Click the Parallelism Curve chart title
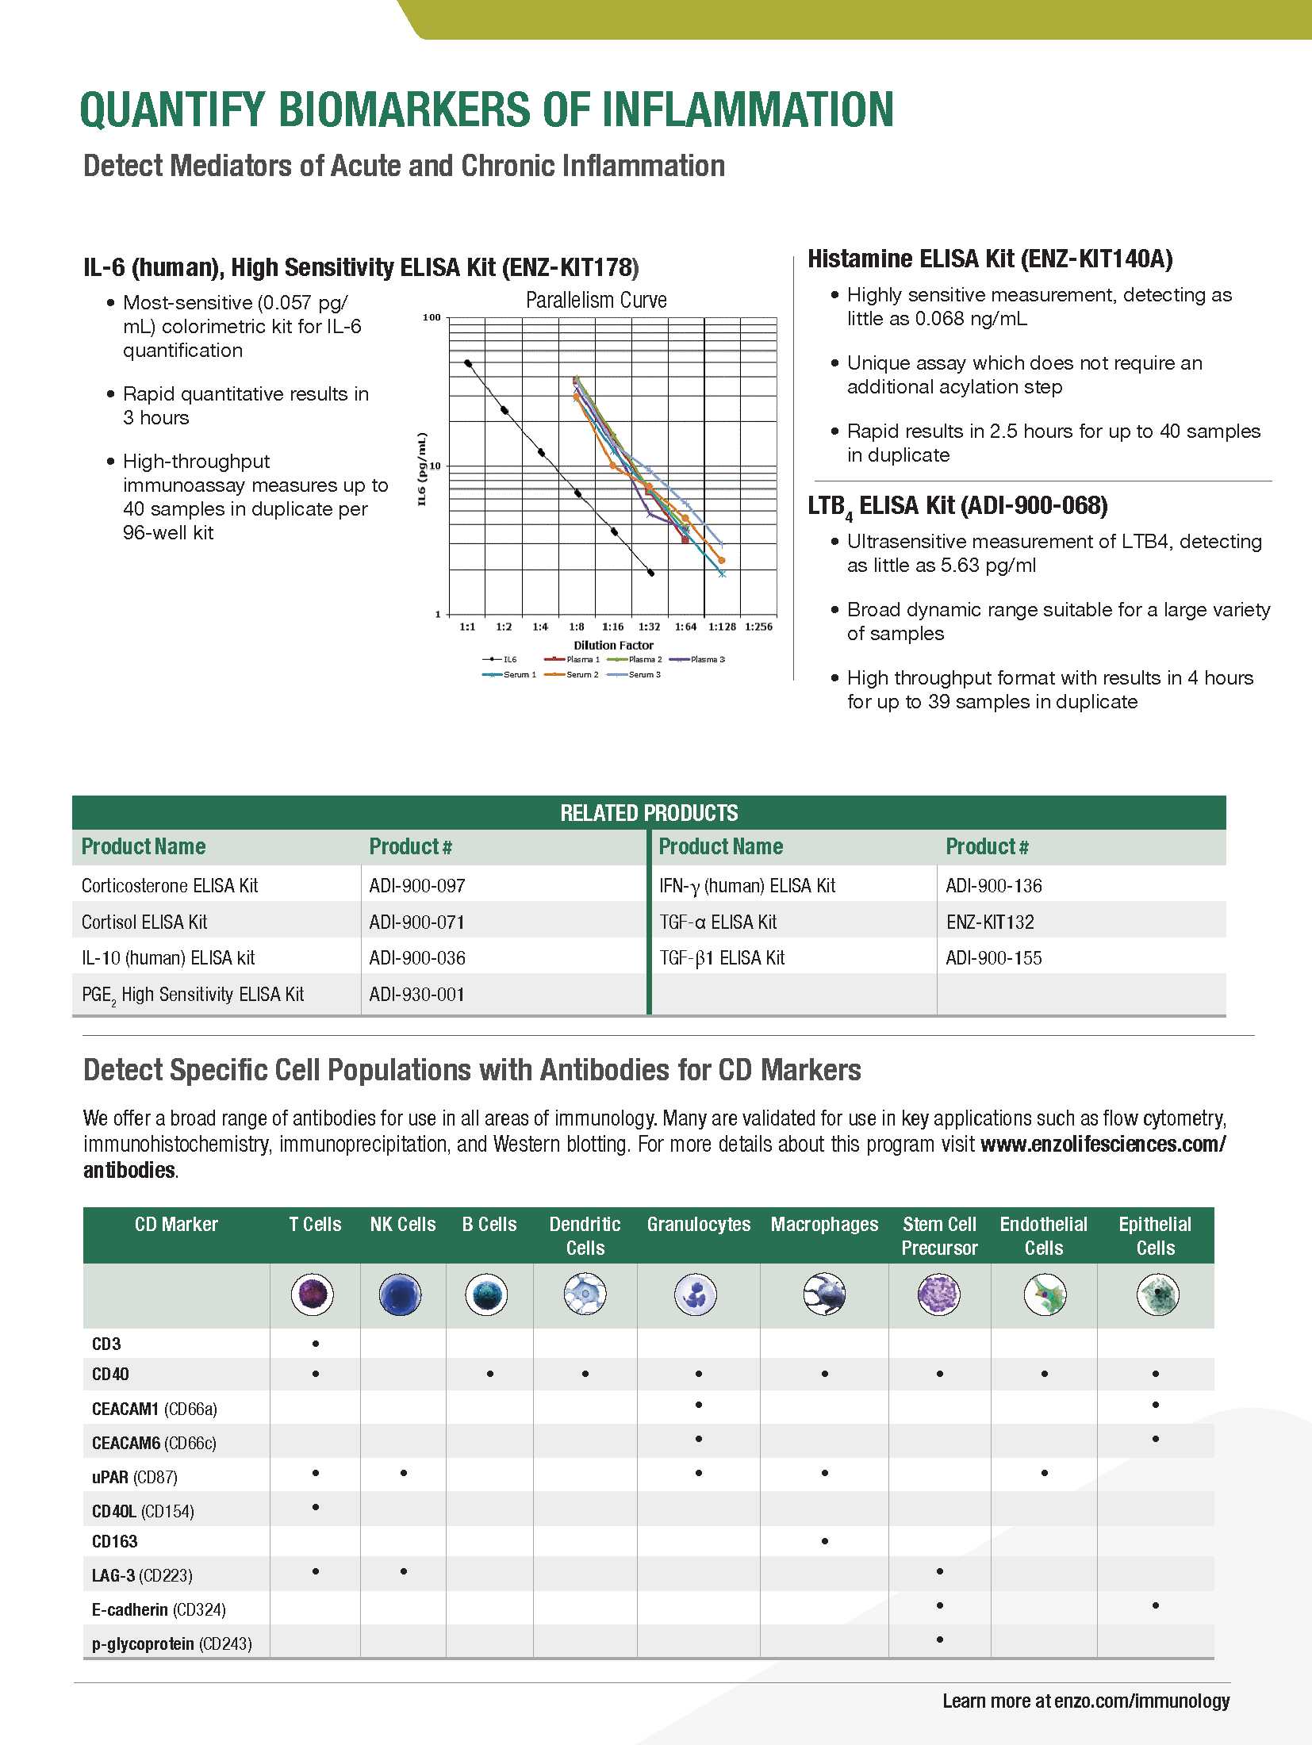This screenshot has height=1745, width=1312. pos(596,301)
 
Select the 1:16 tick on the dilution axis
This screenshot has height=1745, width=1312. pos(612,627)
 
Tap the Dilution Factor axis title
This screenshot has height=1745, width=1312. pos(613,645)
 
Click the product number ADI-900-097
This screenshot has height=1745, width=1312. pos(417,885)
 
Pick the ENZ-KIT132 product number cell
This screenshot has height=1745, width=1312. pos(990,922)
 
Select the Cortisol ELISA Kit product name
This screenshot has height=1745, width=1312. pos(144,922)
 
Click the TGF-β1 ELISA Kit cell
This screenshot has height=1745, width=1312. pos(722,957)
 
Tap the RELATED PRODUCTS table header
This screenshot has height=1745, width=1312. pos(648,813)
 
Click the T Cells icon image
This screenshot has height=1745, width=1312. pos(313,1295)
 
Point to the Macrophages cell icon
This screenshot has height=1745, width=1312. pos(824,1295)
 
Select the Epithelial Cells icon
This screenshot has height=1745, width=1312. pos(1157,1295)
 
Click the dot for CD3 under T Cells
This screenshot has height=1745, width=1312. pos(316,1344)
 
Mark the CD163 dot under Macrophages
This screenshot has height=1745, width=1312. pos(825,1541)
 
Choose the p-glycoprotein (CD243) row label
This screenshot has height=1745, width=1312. pos(171,1643)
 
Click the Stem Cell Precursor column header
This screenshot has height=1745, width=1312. pos(939,1236)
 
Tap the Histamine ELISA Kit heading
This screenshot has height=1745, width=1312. pos(990,259)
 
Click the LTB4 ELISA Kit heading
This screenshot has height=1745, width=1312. pos(957,506)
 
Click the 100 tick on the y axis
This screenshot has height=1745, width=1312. pos(432,317)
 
